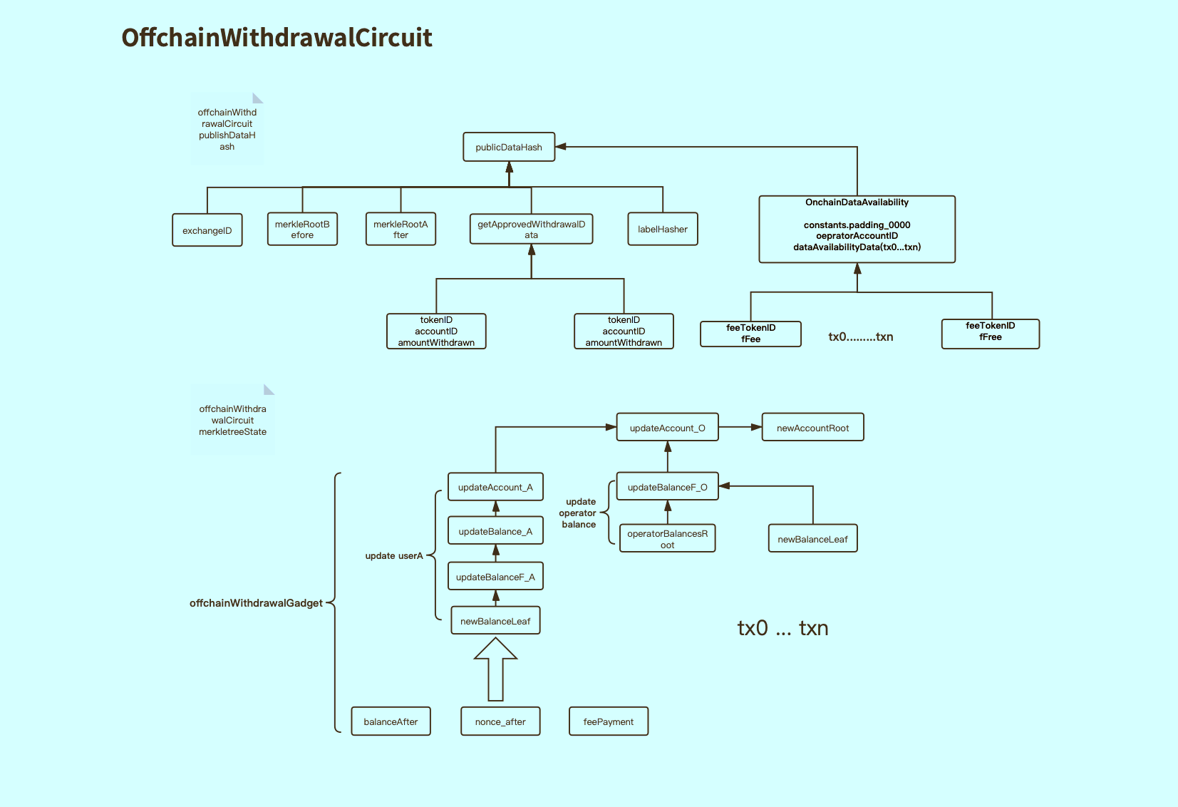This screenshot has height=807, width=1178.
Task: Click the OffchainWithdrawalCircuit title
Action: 277,38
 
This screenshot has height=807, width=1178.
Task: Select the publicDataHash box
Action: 509,147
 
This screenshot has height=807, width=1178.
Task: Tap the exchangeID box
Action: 207,230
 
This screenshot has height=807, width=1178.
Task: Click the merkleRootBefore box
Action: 302,229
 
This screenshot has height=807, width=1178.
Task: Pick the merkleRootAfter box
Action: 401,229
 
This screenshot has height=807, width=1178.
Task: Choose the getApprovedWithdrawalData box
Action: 531,229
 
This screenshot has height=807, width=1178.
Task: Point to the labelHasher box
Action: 663,229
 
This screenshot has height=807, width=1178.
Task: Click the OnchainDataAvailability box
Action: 857,229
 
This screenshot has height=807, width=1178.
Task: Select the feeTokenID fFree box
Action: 991,334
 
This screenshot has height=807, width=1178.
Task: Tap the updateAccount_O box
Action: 667,427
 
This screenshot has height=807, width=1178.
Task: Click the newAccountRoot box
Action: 812,427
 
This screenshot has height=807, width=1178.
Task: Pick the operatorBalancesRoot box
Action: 667,538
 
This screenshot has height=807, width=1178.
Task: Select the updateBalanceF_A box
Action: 495,576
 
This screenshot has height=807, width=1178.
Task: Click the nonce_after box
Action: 500,721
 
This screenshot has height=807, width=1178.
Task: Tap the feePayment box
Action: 609,721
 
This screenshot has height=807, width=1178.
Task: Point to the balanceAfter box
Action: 391,721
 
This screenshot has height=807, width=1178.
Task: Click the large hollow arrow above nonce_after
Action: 495,669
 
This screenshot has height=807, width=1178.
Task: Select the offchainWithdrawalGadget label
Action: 256,603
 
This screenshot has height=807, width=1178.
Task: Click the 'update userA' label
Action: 394,555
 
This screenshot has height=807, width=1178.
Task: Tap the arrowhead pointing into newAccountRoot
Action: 756,427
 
